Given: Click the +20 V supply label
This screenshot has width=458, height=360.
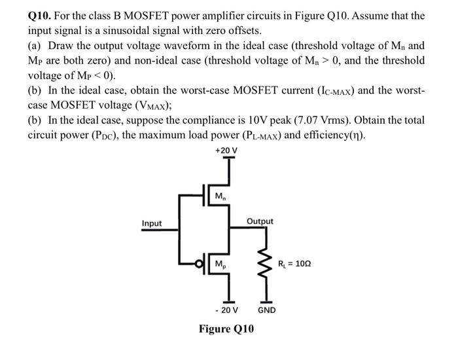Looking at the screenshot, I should [x=226, y=151].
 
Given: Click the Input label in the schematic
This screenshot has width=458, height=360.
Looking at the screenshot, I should [x=152, y=224].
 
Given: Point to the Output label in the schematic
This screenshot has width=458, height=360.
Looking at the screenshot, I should [x=260, y=221].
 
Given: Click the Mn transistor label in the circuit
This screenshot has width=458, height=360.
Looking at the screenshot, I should [x=220, y=196].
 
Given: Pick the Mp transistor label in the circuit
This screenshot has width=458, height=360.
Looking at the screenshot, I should [x=220, y=264].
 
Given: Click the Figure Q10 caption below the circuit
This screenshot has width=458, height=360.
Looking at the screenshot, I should [x=226, y=329].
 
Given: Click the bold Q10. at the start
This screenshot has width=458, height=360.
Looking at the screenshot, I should [x=42, y=15].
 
